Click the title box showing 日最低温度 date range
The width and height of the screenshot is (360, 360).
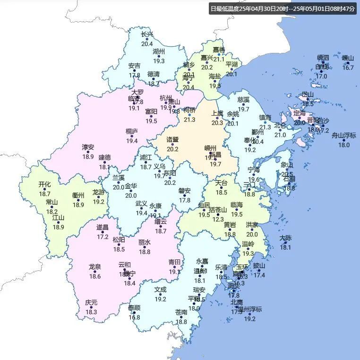click(x=282, y=8)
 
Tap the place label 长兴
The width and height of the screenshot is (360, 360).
click(x=147, y=34)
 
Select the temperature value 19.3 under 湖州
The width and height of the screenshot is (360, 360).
click(x=159, y=61)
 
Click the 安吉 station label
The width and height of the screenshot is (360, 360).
click(x=134, y=66)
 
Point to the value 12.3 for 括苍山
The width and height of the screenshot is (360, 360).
click(x=217, y=219)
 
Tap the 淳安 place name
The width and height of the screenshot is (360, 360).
click(x=88, y=147)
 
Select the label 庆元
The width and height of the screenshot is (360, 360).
click(x=91, y=303)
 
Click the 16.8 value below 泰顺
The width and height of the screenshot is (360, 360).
click(x=134, y=317)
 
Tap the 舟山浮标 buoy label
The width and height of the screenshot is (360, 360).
click(x=343, y=135)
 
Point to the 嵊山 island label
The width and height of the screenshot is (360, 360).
click(x=348, y=58)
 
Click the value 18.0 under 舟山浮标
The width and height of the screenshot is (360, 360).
click(x=343, y=145)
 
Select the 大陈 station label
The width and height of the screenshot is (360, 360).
click(x=285, y=238)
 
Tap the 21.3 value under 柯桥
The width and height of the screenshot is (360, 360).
click(x=189, y=119)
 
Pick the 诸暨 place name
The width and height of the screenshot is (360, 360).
click(x=172, y=140)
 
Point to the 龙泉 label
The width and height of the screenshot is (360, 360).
click(x=95, y=267)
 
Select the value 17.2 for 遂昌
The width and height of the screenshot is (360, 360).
click(x=103, y=236)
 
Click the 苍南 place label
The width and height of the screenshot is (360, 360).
click(x=181, y=312)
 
